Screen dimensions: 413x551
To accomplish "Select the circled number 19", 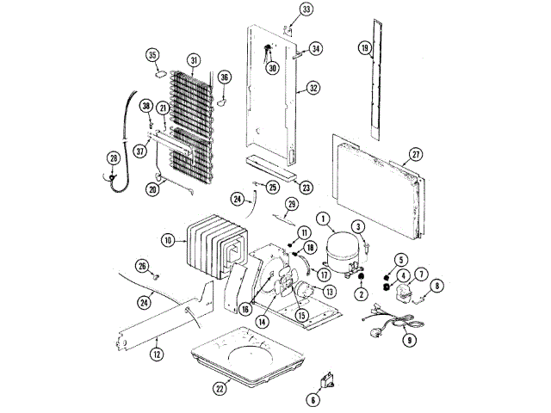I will [x=365, y=48].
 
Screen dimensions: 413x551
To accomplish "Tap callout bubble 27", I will [x=416, y=155].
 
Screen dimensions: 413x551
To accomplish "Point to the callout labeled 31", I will [x=194, y=60].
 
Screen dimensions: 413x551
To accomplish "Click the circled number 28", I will [x=113, y=157].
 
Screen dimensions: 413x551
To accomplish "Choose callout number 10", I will [x=168, y=240].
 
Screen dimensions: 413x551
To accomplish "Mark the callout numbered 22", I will [x=222, y=387].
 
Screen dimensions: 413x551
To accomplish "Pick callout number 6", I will [x=313, y=398].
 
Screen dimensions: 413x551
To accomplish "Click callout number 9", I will [x=409, y=339].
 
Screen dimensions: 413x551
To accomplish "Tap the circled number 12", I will [x=156, y=353].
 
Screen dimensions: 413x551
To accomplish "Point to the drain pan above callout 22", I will [x=245, y=353].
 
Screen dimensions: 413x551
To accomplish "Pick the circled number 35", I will [x=154, y=57].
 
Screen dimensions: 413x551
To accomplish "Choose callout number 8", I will [x=436, y=287].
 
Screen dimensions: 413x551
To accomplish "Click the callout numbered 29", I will [x=291, y=204].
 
